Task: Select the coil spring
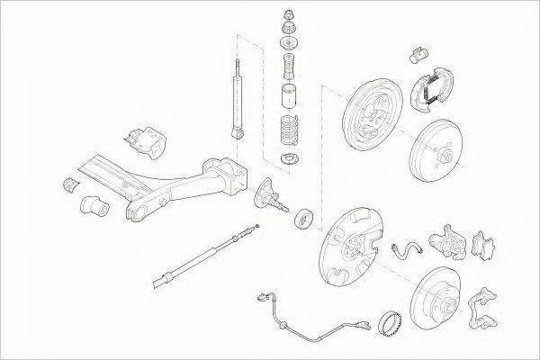point(289,130)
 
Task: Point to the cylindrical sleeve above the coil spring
point(289,97)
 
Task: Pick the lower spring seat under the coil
point(289,160)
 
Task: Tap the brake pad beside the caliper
point(484,245)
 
